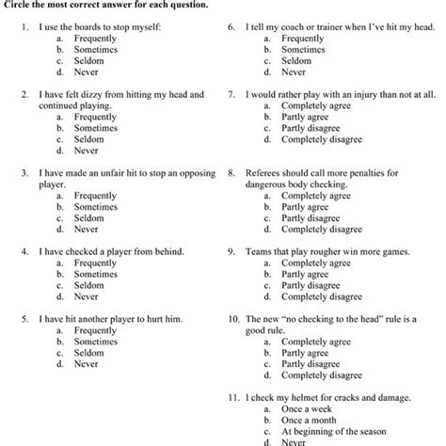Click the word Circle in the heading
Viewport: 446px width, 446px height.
18,5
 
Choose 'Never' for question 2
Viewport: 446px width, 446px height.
87,151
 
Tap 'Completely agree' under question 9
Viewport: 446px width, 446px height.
322,263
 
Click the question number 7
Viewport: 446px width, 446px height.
231,95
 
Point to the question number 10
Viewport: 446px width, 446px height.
233,319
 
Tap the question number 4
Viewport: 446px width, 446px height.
24,252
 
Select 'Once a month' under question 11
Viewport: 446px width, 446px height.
311,419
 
